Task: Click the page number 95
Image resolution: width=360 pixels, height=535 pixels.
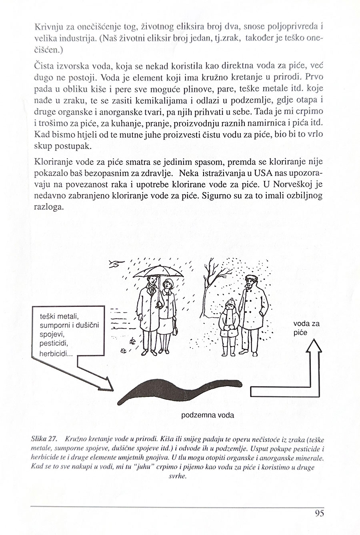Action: tap(319, 513)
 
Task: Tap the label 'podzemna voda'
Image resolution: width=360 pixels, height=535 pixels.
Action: tap(208, 415)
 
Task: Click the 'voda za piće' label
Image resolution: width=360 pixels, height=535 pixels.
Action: tap(306, 328)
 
